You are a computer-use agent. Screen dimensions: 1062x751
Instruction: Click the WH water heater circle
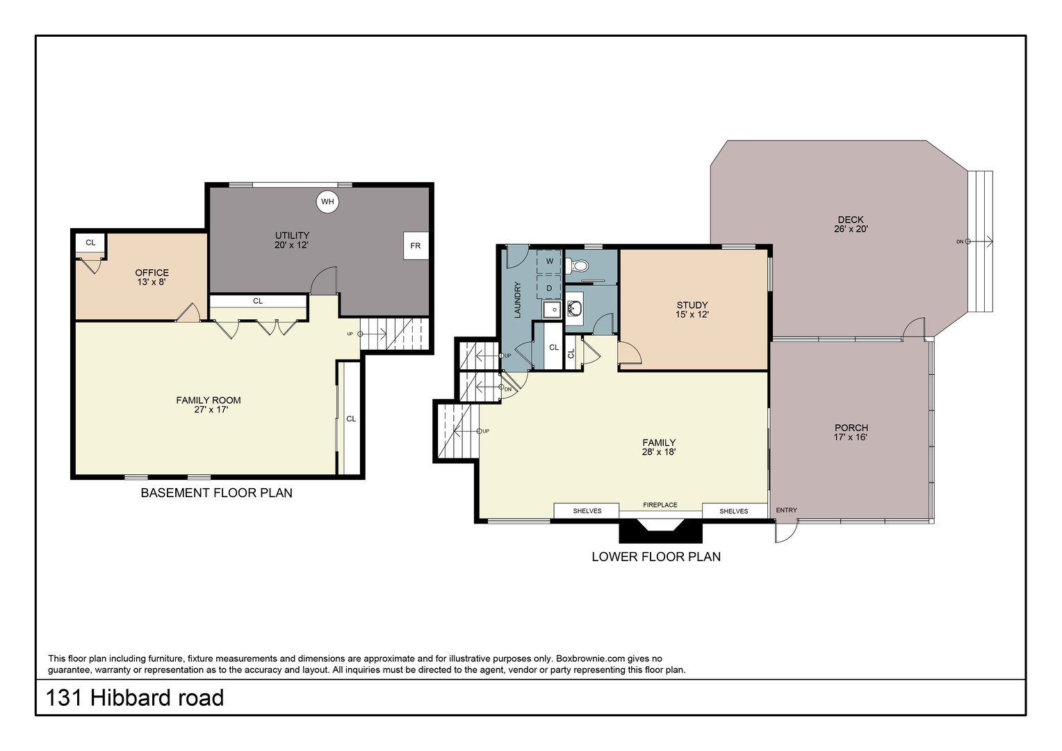pyautogui.click(x=327, y=202)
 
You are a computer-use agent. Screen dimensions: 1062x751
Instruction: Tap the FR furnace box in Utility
pyautogui.click(x=416, y=245)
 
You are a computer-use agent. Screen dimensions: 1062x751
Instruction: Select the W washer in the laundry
pyautogui.click(x=550, y=261)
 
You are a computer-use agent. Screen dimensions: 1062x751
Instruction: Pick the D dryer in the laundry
pyautogui.click(x=550, y=287)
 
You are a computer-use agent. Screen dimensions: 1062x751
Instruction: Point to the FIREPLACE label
pyautogui.click(x=660, y=505)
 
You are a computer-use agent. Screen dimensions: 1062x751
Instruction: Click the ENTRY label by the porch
pyautogui.click(x=786, y=510)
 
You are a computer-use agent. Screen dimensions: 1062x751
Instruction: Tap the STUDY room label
pyautogui.click(x=692, y=305)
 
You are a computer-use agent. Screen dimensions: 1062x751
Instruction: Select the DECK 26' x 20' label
pyautogui.click(x=851, y=224)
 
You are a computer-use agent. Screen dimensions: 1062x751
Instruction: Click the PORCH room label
pyautogui.click(x=851, y=428)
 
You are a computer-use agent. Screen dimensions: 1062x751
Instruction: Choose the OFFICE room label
pyautogui.click(x=152, y=273)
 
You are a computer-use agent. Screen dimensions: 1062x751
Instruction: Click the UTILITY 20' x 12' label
pyautogui.click(x=292, y=240)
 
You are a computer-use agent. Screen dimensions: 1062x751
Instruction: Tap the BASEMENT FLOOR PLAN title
pyautogui.click(x=216, y=492)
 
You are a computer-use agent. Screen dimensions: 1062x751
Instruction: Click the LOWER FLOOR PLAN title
pyautogui.click(x=656, y=556)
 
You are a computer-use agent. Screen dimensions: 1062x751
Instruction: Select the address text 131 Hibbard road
pyautogui.click(x=135, y=698)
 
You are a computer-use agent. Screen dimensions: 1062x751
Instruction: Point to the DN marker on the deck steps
pyautogui.click(x=960, y=241)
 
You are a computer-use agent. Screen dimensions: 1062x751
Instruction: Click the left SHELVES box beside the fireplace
pyautogui.click(x=587, y=510)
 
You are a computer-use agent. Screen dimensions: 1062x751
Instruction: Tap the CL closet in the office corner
pyautogui.click(x=90, y=243)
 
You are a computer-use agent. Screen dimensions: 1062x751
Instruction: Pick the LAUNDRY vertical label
pyautogui.click(x=518, y=300)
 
